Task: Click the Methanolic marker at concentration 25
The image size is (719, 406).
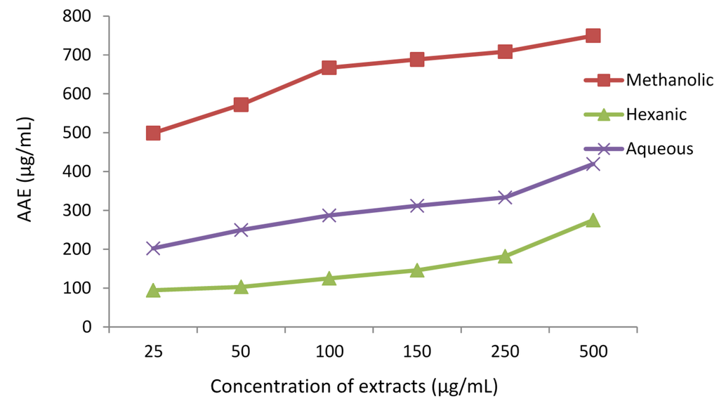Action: (153, 133)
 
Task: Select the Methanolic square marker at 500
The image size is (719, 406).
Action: (593, 36)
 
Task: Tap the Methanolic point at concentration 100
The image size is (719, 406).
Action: (329, 67)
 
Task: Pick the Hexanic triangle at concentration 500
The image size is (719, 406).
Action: (593, 221)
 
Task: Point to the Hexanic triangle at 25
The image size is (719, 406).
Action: (153, 290)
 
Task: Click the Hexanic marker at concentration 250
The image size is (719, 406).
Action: (505, 256)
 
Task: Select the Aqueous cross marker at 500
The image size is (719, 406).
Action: (593, 164)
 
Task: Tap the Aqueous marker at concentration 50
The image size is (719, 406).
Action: (241, 230)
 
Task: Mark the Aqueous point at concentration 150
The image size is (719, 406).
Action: (417, 206)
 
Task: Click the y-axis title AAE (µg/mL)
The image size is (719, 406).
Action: (25, 171)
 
